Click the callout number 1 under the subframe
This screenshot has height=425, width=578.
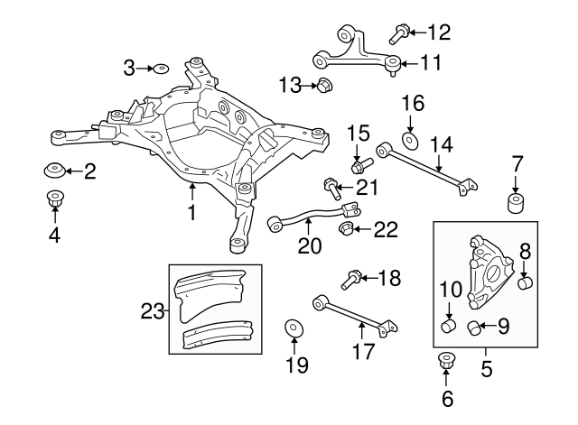pyautogui.click(x=191, y=215)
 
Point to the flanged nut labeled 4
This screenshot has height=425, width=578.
pyautogui.click(x=55, y=200)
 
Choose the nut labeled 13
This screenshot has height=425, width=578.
pyautogui.click(x=326, y=86)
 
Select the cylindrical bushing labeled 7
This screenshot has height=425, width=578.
pyautogui.click(x=517, y=202)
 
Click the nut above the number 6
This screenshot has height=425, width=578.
pyautogui.click(x=445, y=363)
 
